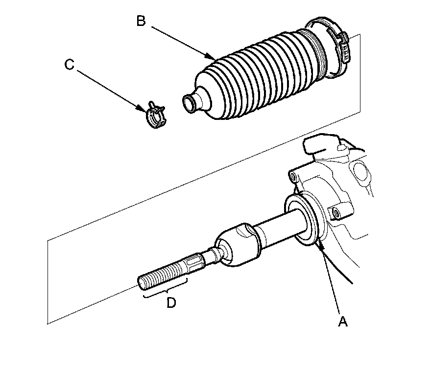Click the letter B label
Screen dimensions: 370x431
141,21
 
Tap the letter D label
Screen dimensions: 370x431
170,303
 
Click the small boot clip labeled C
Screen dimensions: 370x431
155,116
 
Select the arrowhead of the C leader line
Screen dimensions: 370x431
145,108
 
